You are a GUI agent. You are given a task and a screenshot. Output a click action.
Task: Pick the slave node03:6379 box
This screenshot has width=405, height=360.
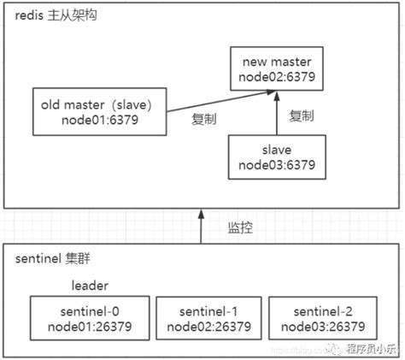276,156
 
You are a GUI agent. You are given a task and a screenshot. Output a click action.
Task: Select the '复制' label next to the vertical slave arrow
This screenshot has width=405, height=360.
302,115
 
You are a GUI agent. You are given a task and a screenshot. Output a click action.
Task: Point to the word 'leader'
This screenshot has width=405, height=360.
89,285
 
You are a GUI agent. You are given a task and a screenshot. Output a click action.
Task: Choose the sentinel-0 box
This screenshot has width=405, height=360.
89,317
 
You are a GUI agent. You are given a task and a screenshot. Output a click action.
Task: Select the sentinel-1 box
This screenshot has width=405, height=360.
209,317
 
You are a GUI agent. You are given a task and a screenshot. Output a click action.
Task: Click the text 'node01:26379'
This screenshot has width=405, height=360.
89,326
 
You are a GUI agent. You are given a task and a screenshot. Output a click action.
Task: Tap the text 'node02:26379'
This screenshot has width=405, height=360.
209,326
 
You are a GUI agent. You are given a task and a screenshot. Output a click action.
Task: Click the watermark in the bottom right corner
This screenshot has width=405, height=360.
363,349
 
